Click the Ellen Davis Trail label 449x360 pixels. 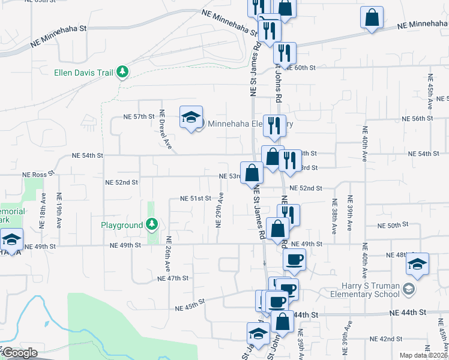[x=85, y=73]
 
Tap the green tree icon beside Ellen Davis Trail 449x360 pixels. [x=122, y=73]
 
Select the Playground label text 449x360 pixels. [x=121, y=225]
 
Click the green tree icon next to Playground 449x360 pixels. [x=152, y=225]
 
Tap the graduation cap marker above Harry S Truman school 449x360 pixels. [x=417, y=263]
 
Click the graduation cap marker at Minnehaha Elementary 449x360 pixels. [x=191, y=118]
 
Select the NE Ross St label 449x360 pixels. [x=38, y=174]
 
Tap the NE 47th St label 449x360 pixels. [x=173, y=278]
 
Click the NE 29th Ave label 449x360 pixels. [x=220, y=210]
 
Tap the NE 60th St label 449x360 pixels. [x=300, y=68]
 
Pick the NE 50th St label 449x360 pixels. [x=393, y=225]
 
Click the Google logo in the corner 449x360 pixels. [x=20, y=353]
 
